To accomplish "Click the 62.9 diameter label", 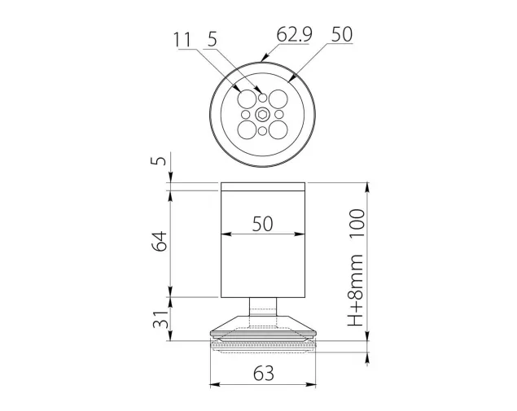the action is pyautogui.click(x=294, y=34).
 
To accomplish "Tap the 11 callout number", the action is pyautogui.click(x=182, y=40).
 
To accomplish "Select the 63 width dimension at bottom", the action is pyautogui.click(x=264, y=374).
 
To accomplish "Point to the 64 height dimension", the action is pyautogui.click(x=160, y=241).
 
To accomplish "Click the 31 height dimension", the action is pyautogui.click(x=160, y=319).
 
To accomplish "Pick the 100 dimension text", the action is pyautogui.click(x=357, y=223).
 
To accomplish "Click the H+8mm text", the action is pyautogui.click(x=356, y=291).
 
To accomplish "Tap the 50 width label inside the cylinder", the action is pyautogui.click(x=263, y=224).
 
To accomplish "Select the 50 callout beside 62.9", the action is pyautogui.click(x=342, y=34).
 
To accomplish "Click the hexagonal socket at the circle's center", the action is pyautogui.click(x=262, y=115).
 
